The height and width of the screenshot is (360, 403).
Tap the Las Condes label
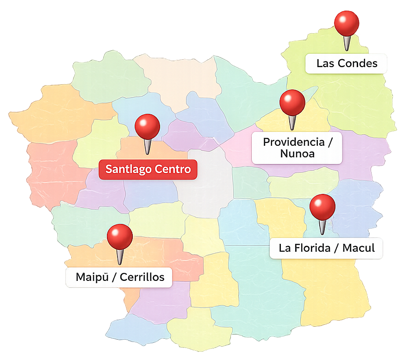pos(347,63)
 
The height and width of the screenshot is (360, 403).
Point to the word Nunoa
pos(297,153)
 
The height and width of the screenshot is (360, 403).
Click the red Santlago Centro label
pos(148,169)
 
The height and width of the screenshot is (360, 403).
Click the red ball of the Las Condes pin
pos(347,23)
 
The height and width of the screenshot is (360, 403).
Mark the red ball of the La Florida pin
pos(322,206)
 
